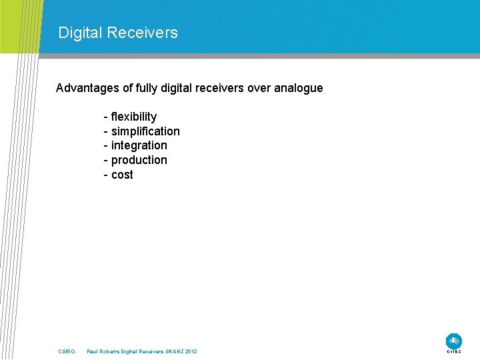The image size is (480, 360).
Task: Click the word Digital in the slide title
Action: point(79,33)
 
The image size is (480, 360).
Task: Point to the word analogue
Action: point(298,88)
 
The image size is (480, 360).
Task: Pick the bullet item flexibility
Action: point(133,117)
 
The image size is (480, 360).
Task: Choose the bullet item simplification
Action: point(145,131)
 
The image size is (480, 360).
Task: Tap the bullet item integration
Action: point(139,145)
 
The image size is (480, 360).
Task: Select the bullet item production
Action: point(139,160)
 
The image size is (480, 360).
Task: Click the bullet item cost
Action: point(122,175)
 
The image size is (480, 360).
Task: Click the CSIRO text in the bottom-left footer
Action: point(67,351)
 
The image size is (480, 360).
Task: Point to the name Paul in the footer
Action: point(93,351)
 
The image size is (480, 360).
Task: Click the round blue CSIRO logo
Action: point(454,340)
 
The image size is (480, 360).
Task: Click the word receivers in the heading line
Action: point(223,88)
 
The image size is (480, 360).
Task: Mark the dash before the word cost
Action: point(106,175)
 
